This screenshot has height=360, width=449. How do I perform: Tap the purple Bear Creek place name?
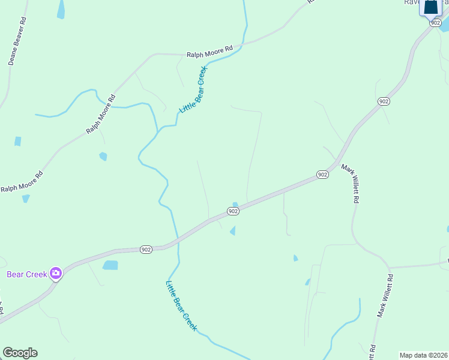pyautogui.click(x=27, y=274)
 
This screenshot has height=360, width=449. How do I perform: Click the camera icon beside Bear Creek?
pyautogui.click(x=56, y=274)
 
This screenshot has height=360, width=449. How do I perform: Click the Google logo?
pyautogui.click(x=20, y=353)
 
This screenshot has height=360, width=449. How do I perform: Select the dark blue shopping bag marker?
pyautogui.click(x=432, y=8)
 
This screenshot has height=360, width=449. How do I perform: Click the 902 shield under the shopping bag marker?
pyautogui.click(x=435, y=22)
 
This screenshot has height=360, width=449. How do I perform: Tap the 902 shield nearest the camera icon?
pyautogui.click(x=145, y=249)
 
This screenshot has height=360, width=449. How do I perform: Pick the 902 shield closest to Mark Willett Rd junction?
pyautogui.click(x=322, y=175)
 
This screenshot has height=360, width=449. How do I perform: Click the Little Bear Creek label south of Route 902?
pyautogui.click(x=181, y=305)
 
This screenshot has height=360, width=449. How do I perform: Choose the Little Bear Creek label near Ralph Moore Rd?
pyautogui.click(x=193, y=90)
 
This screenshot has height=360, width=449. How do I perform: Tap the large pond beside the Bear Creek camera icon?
pyautogui.click(x=110, y=265)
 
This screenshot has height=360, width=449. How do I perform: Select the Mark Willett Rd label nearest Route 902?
pyautogui.click(x=351, y=183)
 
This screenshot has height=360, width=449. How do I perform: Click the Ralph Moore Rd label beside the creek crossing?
pyautogui.click(x=209, y=53)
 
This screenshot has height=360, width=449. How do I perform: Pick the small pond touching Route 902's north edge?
pyautogui.click(x=235, y=205)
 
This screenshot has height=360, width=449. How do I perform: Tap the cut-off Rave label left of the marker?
pyautogui.click(x=411, y=2)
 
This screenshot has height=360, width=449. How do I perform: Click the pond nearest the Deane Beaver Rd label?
pyautogui.click(x=61, y=9)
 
